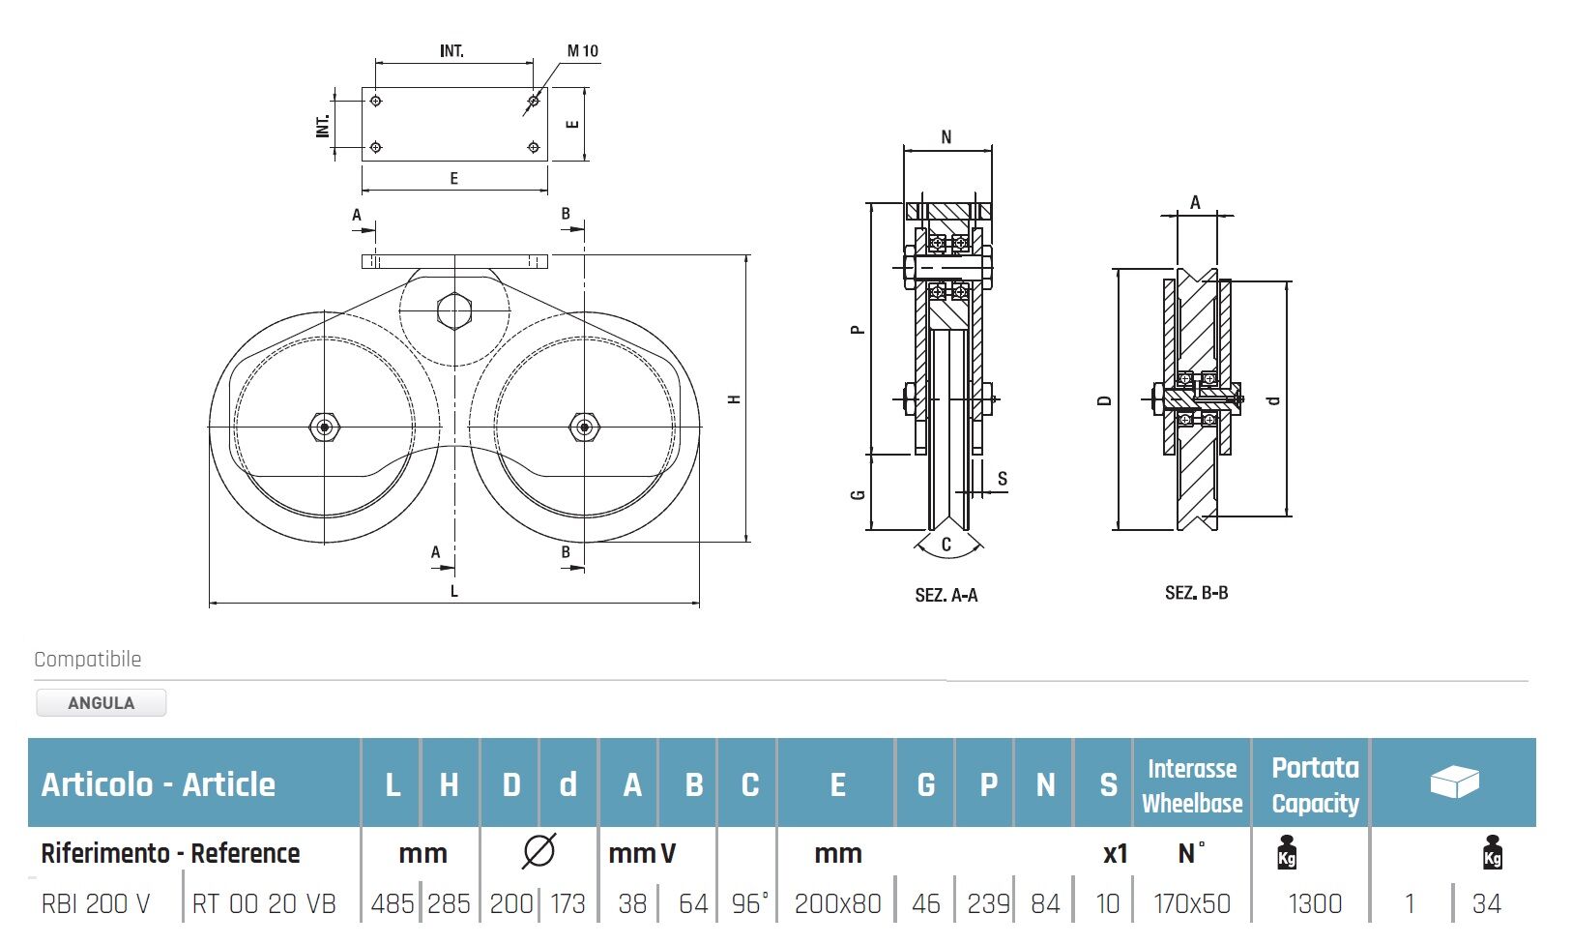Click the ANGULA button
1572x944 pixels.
[101, 703]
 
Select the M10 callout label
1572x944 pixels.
[582, 51]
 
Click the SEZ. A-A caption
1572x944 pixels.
[946, 596]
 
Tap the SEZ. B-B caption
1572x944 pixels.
[1196, 593]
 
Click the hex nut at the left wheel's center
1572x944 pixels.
[324, 426]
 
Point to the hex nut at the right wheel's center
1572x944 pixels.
[583, 426]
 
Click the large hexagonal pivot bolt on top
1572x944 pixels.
[453, 310]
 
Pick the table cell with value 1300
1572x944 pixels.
[1315, 904]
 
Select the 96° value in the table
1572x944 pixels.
[749, 904]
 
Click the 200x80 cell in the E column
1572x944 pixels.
[837, 904]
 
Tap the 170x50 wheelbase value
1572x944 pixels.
[1192, 904]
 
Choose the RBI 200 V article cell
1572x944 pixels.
[96, 904]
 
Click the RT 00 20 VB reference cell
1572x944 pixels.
[264, 904]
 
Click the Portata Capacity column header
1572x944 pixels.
[1315, 784]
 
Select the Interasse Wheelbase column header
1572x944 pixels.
[1192, 784]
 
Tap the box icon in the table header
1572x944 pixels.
[1454, 782]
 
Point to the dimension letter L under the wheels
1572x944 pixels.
[453, 591]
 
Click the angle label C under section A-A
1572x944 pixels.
[946, 545]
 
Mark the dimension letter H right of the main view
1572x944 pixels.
[735, 398]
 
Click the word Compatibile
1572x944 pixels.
[88, 660]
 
